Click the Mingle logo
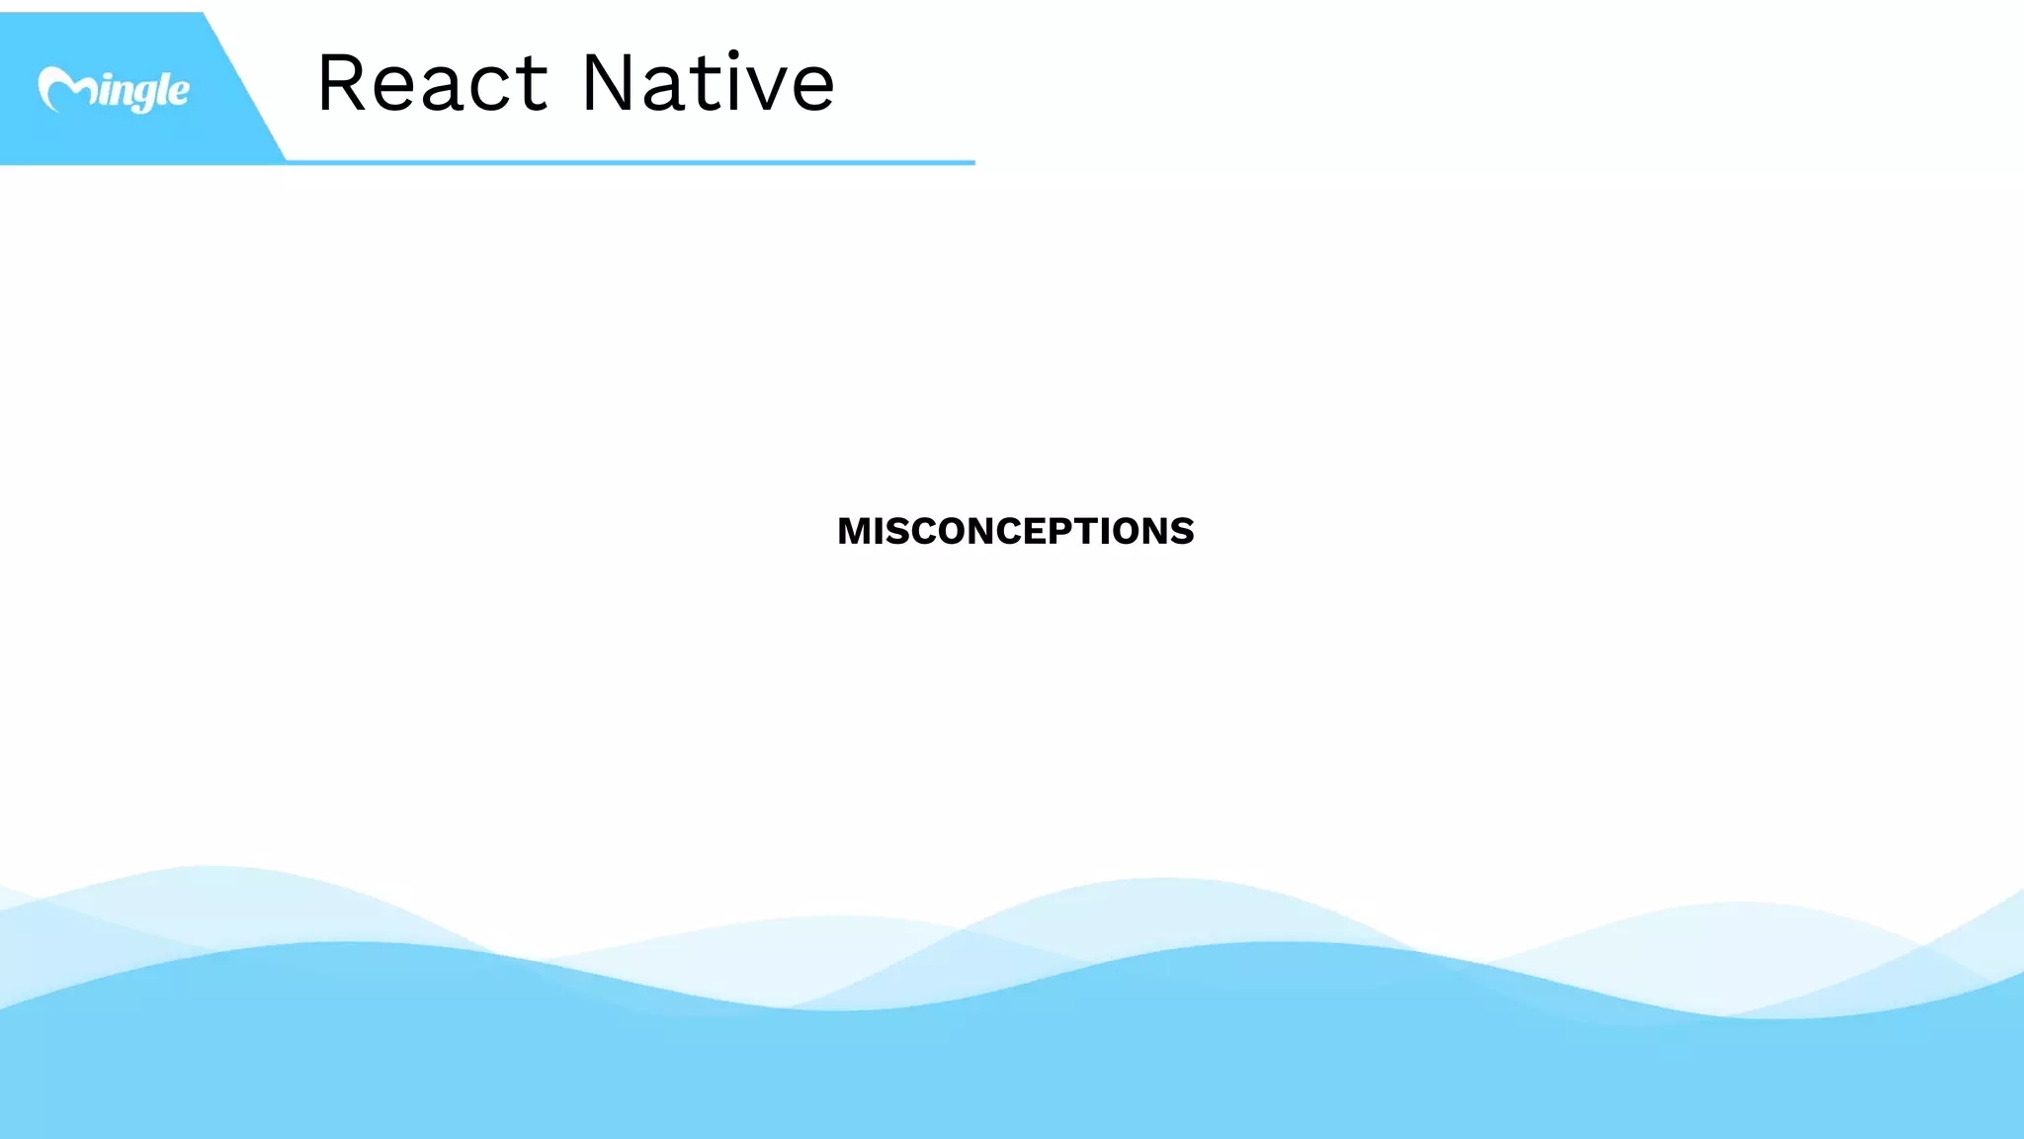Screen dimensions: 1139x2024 coord(114,90)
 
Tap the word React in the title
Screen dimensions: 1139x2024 coord(432,83)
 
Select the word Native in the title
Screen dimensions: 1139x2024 coord(708,83)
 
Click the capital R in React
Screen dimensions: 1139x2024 coord(342,83)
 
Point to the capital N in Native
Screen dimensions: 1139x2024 coord(609,83)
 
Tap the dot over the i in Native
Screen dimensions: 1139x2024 coord(732,53)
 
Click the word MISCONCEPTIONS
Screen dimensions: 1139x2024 coord(1015,531)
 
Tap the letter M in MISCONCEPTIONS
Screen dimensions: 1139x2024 coord(855,531)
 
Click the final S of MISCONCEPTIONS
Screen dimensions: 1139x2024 coord(1182,531)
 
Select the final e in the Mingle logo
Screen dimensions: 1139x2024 coord(178,92)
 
